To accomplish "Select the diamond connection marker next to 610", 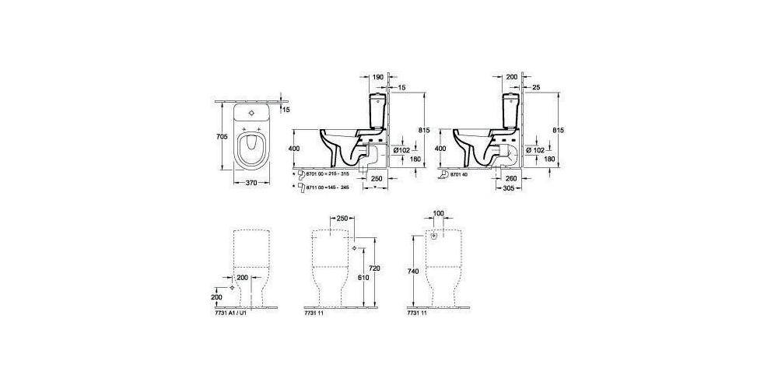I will (x=354, y=247).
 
